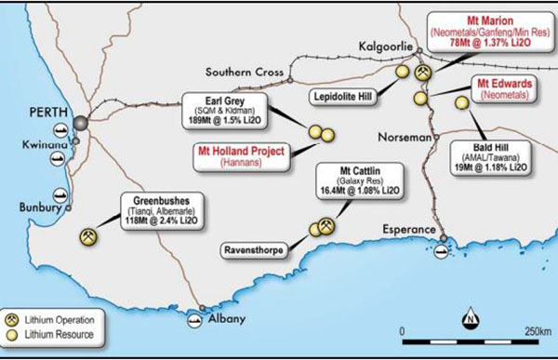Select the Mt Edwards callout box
coord(503,88)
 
